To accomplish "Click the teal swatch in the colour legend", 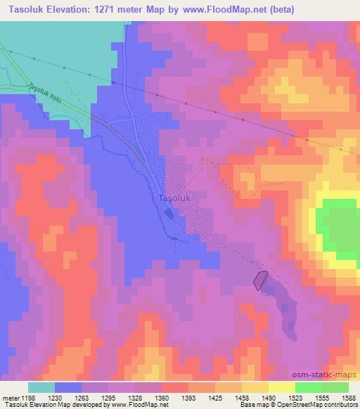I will click(x=41, y=387).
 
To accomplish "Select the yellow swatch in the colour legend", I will click(x=282, y=387).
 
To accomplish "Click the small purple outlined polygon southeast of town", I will click(x=260, y=280).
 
